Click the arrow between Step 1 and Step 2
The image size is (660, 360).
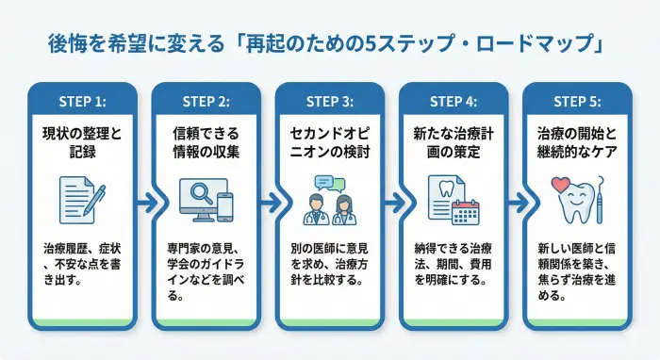point(144,202)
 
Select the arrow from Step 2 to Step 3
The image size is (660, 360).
point(268,202)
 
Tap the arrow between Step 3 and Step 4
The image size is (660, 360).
point(391,202)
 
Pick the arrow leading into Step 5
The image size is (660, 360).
point(515,202)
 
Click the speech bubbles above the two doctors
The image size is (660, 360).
point(330,185)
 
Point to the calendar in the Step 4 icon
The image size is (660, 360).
point(466,211)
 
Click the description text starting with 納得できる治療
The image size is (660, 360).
point(453,264)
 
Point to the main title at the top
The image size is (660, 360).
point(330,43)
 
